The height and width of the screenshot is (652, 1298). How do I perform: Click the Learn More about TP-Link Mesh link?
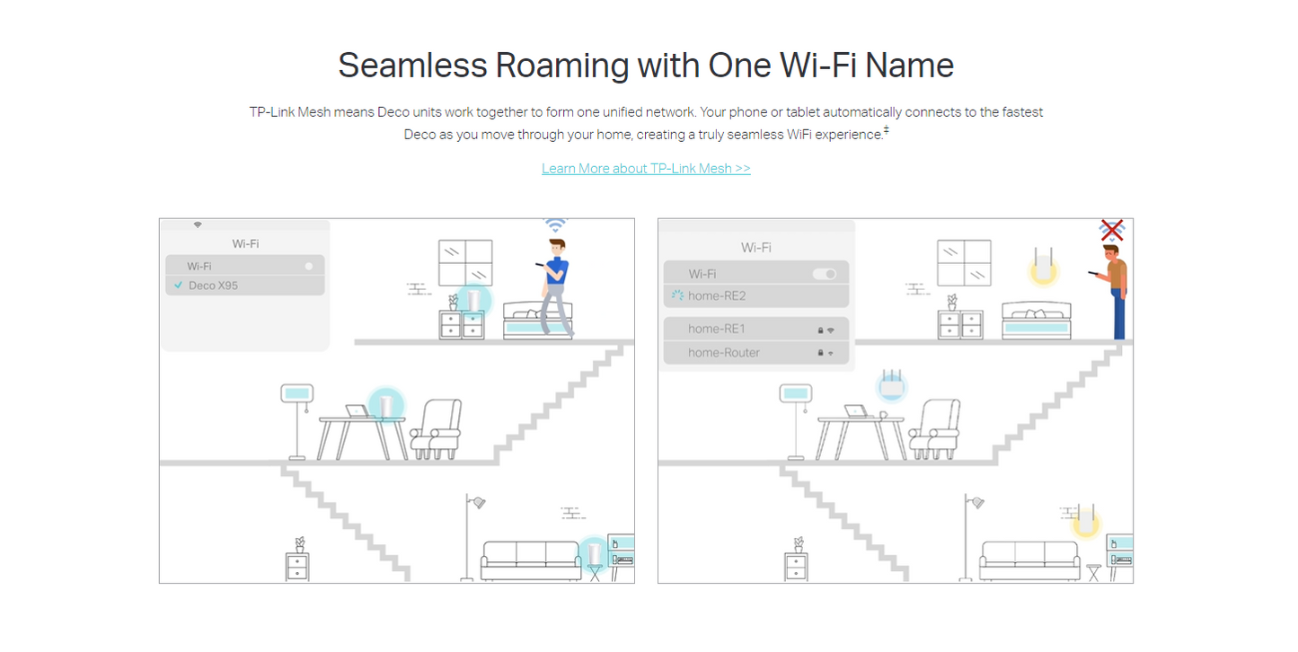point(646,168)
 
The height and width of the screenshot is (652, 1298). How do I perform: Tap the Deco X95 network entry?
point(245,286)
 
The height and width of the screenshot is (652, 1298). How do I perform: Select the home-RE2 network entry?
point(756,295)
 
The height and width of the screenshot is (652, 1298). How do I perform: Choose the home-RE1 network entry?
point(756,329)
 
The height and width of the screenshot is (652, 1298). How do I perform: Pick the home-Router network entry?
point(756,352)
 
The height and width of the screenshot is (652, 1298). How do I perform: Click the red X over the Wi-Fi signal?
point(1112,230)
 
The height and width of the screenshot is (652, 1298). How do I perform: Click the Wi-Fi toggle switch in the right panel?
point(825,274)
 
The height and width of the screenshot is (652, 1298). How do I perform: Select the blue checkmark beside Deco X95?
point(179,285)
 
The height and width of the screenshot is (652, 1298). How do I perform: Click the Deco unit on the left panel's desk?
point(386,404)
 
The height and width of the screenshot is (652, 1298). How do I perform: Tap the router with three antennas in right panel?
point(892,384)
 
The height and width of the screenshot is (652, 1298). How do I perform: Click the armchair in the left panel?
point(437,429)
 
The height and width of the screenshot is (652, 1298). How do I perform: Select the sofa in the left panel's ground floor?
point(531,560)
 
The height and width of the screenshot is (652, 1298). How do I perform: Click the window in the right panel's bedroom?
point(964,262)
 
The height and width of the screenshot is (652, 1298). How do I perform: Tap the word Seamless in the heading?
point(412,65)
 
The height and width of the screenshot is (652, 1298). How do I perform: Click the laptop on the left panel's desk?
point(358,411)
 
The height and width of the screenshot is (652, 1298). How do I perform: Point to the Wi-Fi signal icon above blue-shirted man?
point(555,225)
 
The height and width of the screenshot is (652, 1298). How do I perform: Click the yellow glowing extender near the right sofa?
point(1085,520)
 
